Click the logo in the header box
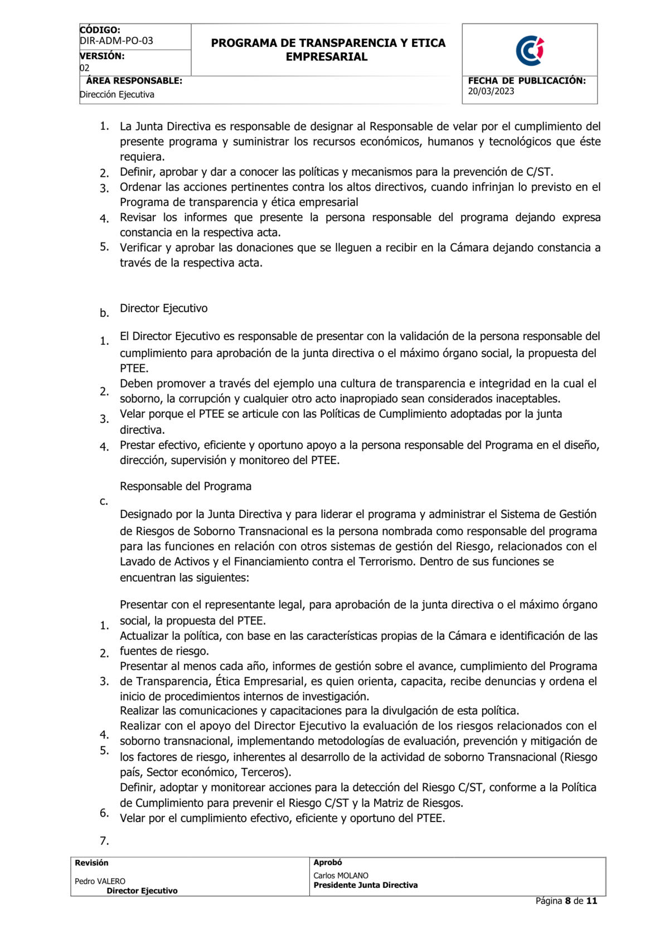tap(530, 51)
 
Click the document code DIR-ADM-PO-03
tap(117, 41)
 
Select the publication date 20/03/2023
tap(491, 91)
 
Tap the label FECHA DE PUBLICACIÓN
tap(527, 81)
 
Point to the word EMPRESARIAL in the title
tap(327, 57)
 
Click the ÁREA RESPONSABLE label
tap(134, 81)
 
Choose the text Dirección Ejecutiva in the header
tap(117, 95)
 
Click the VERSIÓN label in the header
tap(102, 56)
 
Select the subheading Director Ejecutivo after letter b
tap(163, 308)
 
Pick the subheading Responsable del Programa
tap(186, 486)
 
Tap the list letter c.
tap(104, 501)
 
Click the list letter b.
tap(104, 313)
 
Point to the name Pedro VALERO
tap(100, 881)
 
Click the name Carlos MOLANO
tap(341, 876)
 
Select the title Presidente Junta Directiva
tap(365, 885)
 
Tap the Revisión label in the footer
tap(91, 863)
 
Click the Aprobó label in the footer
tap(328, 862)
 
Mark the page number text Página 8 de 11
tap(566, 901)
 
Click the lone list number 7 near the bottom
tap(104, 841)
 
